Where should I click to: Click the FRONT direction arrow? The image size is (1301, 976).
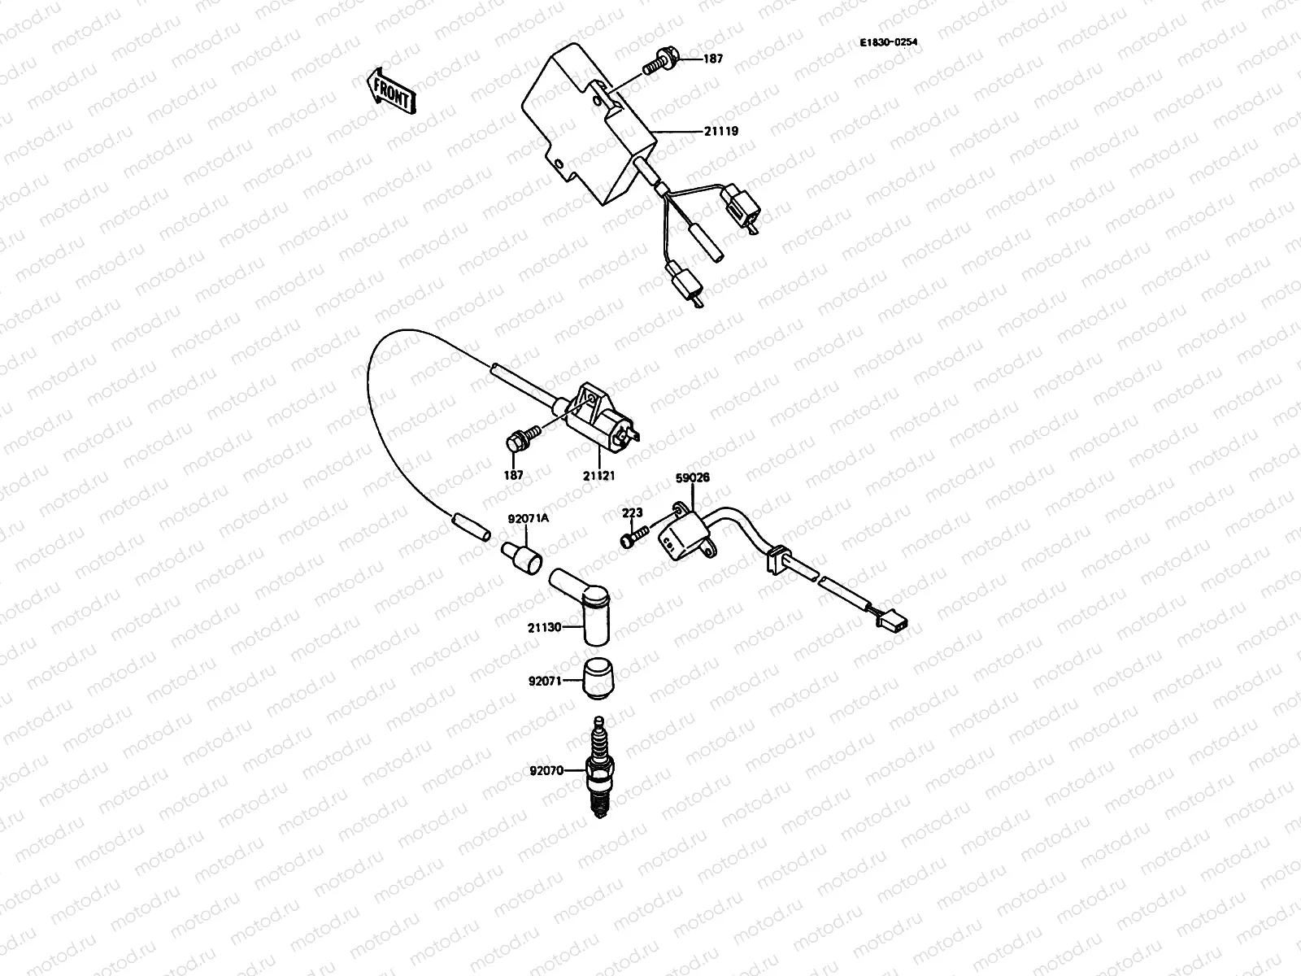392,89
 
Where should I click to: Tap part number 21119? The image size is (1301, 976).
721,130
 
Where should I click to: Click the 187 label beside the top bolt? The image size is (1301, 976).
712,59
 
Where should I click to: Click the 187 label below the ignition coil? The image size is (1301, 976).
513,475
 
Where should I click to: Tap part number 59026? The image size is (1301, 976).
693,478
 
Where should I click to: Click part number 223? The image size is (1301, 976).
632,512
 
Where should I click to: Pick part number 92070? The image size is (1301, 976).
546,769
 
